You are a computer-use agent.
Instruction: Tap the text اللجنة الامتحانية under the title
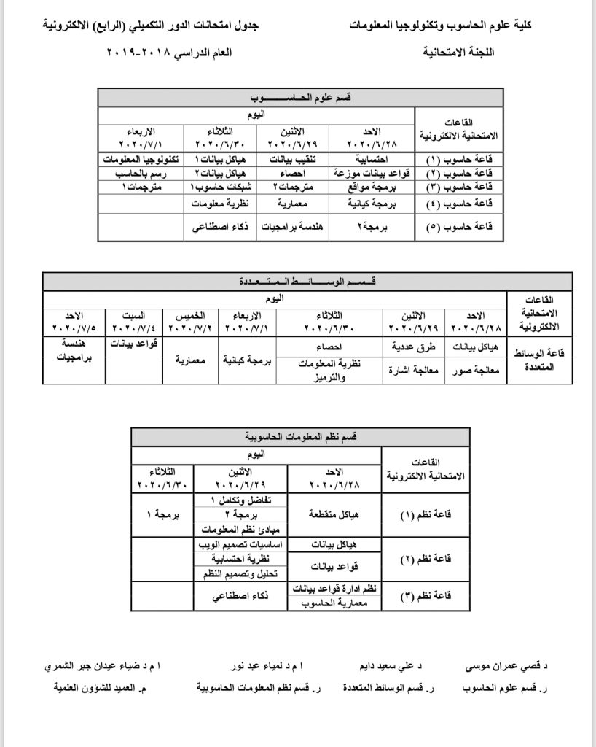[463, 55]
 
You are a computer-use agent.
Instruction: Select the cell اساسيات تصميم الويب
[240, 544]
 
